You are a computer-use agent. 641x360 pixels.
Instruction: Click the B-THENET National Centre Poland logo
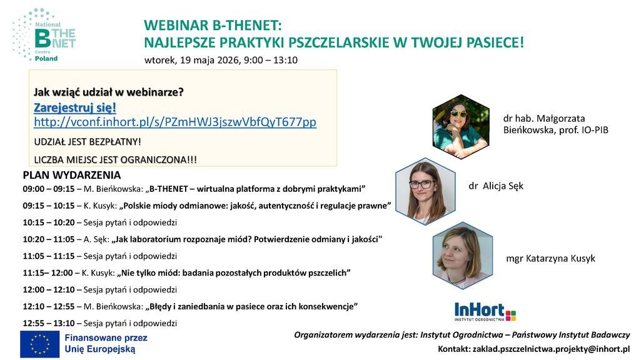click(44, 35)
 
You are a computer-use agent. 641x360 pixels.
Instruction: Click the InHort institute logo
click(485, 312)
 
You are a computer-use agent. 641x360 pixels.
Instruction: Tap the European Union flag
click(39, 344)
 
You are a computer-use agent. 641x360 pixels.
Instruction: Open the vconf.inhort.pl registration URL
click(175, 122)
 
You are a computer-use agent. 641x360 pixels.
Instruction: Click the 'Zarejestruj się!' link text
click(75, 107)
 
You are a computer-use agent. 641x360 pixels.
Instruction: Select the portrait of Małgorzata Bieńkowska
click(461, 127)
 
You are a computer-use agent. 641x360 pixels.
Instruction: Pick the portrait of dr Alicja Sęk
click(426, 191)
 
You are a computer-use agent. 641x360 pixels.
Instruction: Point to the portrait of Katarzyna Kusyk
click(463, 256)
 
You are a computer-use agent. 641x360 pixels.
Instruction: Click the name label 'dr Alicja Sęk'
click(496, 186)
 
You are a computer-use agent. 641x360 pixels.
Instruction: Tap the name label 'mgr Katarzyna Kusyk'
click(551, 258)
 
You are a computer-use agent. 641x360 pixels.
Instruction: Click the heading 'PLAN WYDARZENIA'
click(72, 175)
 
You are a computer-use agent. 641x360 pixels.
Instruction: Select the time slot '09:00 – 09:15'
click(49, 189)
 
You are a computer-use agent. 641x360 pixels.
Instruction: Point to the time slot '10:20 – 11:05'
click(49, 239)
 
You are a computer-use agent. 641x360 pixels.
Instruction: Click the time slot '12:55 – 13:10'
click(49, 323)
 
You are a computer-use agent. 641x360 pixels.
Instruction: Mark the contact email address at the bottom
click(551, 349)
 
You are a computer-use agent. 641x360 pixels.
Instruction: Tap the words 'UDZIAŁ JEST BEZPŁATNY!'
click(88, 142)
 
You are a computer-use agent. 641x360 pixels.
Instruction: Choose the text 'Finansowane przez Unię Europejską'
click(106, 344)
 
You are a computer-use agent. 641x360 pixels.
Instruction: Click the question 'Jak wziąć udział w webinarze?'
click(109, 92)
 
